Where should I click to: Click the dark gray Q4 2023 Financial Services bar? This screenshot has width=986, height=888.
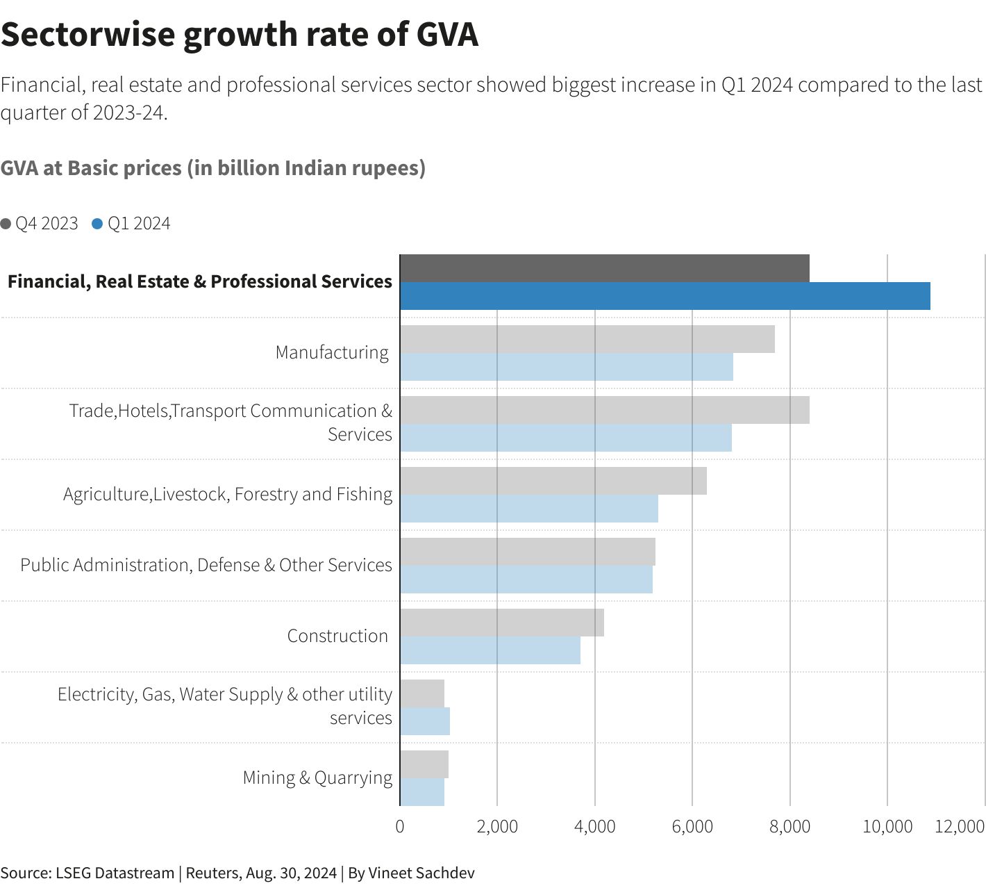[x=604, y=268]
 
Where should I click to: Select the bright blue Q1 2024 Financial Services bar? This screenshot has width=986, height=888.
[x=665, y=296]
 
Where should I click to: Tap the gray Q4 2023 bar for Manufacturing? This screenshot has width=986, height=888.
[x=587, y=339]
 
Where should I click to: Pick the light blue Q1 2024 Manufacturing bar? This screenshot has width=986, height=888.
[x=566, y=367]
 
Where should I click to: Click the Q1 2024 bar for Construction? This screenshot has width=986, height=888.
[x=490, y=650]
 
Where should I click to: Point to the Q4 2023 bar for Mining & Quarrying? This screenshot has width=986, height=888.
[x=424, y=764]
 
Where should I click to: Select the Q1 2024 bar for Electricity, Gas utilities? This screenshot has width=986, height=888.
[x=424, y=721]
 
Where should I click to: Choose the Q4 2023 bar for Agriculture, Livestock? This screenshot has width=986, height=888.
[x=553, y=481]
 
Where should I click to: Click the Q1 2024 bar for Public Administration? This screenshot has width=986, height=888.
[x=526, y=579]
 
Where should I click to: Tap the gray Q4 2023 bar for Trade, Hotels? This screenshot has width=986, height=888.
[x=604, y=410]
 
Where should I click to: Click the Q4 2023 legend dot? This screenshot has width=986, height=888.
[x=6, y=224]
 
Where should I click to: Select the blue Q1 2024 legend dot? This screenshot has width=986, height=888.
[x=97, y=224]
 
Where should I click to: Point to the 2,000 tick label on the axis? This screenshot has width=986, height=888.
[x=497, y=826]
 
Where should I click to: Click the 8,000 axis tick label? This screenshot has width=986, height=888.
[x=790, y=826]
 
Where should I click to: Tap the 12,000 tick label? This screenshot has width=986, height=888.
[x=960, y=826]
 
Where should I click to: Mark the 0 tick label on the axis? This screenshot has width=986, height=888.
[x=400, y=826]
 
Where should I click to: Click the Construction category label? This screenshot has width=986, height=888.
[x=337, y=636]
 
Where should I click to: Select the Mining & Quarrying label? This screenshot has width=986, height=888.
[x=317, y=778]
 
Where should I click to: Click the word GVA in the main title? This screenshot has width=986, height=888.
[x=447, y=35]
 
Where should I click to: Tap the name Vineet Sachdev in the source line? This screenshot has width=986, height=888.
[x=421, y=873]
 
